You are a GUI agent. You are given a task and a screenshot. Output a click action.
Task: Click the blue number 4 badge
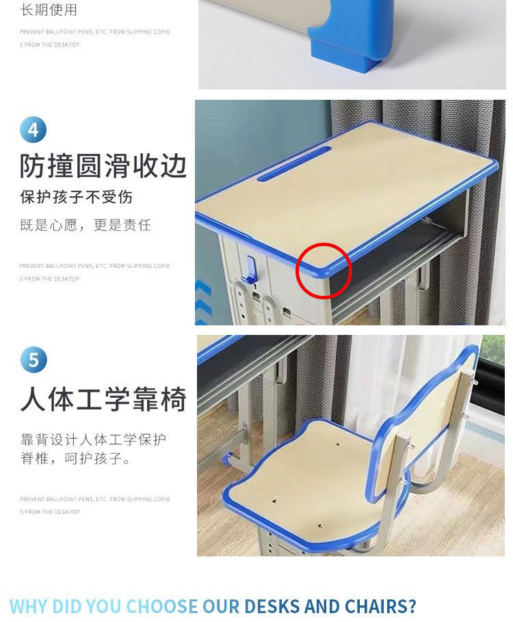(x=34, y=130)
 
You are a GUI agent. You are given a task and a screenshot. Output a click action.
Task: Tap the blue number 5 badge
(x=34, y=360)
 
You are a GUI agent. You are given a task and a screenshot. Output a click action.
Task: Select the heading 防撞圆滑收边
(x=103, y=166)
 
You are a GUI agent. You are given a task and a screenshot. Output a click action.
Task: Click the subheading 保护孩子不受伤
(x=76, y=198)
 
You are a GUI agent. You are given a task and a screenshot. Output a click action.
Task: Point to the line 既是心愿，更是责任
(x=85, y=225)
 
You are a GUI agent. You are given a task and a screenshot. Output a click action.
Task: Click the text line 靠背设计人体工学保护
(x=93, y=439)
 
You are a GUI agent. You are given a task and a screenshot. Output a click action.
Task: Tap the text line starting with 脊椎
(x=76, y=459)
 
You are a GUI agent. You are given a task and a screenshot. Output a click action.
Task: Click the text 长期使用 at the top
(x=49, y=10)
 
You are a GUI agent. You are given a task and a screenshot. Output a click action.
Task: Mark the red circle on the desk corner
(x=324, y=271)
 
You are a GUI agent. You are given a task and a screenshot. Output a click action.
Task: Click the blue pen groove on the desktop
(x=294, y=164)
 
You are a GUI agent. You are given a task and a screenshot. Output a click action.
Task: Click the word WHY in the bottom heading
(x=29, y=606)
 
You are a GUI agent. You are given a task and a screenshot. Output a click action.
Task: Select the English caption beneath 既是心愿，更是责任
(x=94, y=272)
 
